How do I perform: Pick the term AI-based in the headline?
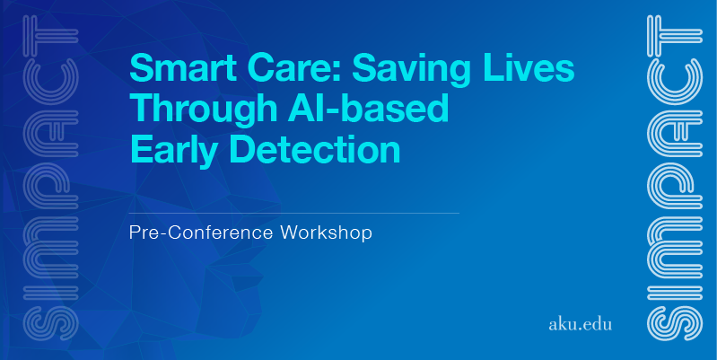tap(368, 109)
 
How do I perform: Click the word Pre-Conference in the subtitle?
tap(201, 233)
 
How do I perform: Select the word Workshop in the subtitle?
tap(326, 233)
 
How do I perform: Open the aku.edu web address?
tap(580, 324)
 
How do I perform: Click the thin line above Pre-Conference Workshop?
tap(294, 213)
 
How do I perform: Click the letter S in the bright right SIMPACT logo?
tap(675, 323)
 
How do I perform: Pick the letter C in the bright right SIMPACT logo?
tap(675, 81)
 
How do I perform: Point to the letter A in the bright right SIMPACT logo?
tap(675, 134)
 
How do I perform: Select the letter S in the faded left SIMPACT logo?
tap(51, 323)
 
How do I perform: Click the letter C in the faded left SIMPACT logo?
tap(51, 81)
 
